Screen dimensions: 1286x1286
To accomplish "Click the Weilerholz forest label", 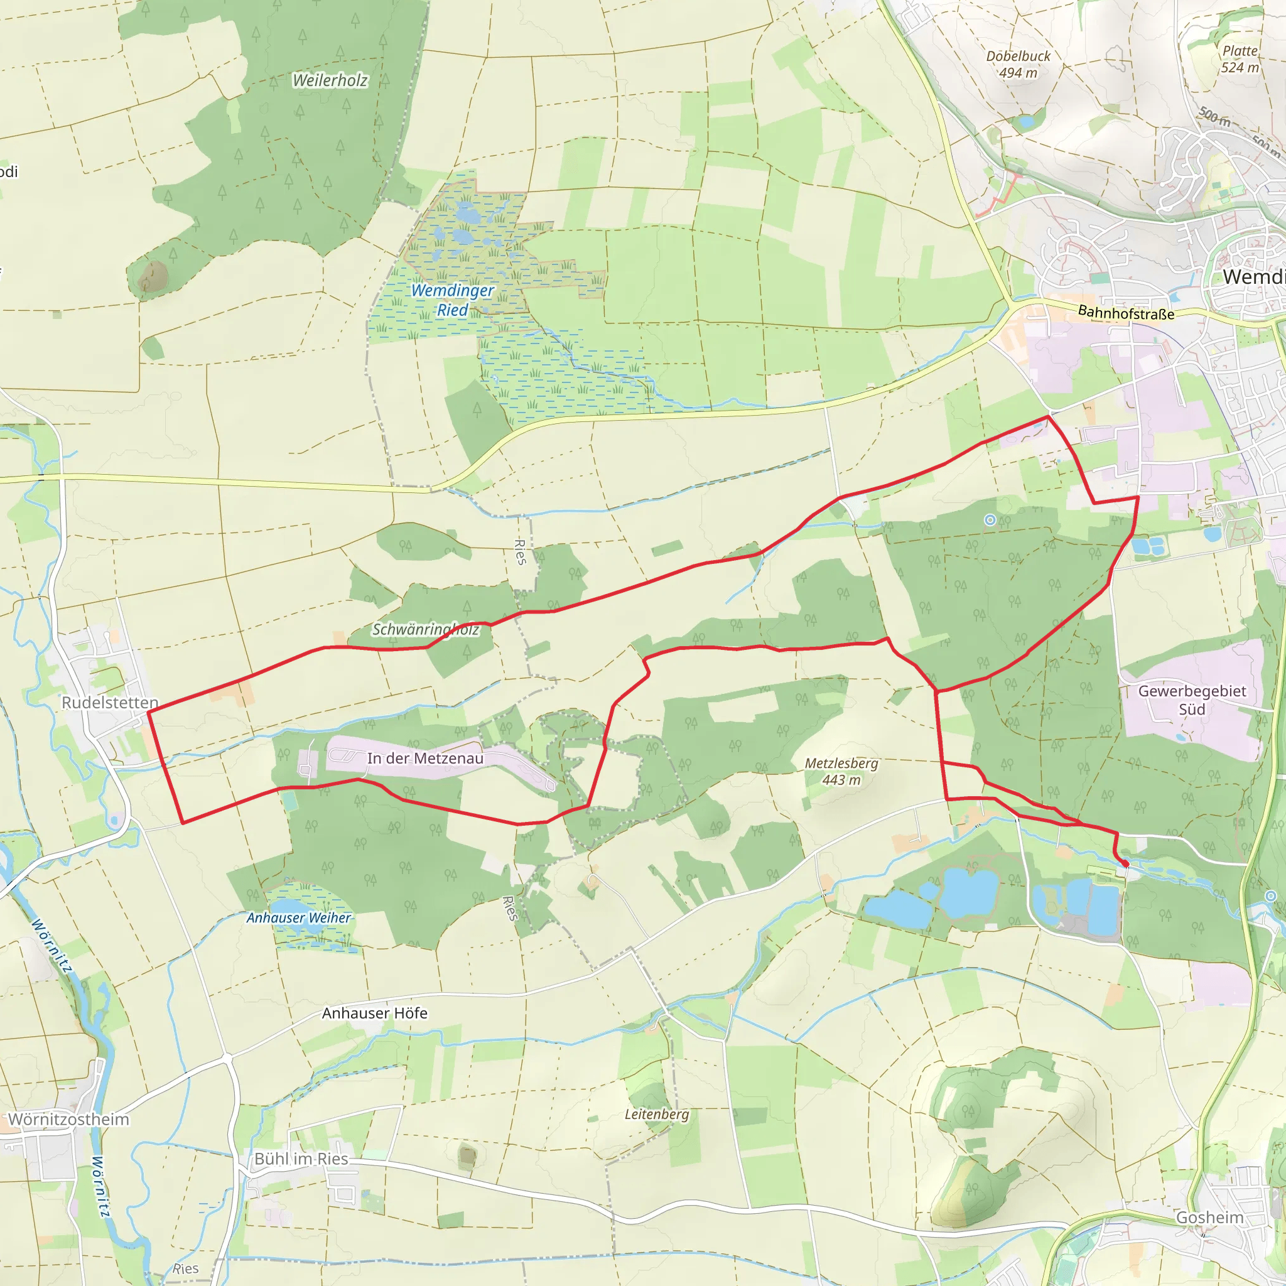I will point(330,80).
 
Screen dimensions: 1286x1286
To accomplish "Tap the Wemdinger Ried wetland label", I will point(453,300).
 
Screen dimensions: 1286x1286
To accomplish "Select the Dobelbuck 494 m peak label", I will point(1018,65).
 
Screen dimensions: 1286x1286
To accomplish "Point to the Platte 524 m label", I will point(1240,59).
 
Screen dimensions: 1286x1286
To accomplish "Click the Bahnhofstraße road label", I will point(1126,313).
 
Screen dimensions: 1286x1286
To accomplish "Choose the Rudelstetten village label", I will point(110,703).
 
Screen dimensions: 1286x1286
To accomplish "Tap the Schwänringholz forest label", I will point(425,630).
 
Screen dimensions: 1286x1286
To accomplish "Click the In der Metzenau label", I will point(425,758).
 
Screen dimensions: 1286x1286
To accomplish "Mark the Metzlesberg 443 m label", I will point(841,772).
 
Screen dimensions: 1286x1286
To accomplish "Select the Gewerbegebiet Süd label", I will point(1191,700).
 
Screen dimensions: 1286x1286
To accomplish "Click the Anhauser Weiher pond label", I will point(299,918).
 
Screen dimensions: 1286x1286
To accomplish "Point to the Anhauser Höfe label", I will point(375,1013).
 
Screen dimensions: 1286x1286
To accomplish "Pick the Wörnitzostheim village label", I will point(68,1120).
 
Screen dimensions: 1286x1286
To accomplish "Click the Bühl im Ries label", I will point(301,1159).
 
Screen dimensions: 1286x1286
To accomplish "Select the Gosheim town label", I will point(1209,1218).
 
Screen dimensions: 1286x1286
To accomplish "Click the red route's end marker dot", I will point(1125,864).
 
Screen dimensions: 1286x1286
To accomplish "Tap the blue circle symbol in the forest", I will point(990,521).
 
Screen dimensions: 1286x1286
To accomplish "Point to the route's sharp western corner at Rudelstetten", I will point(148,712).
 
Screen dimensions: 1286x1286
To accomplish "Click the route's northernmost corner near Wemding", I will point(1049,416).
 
